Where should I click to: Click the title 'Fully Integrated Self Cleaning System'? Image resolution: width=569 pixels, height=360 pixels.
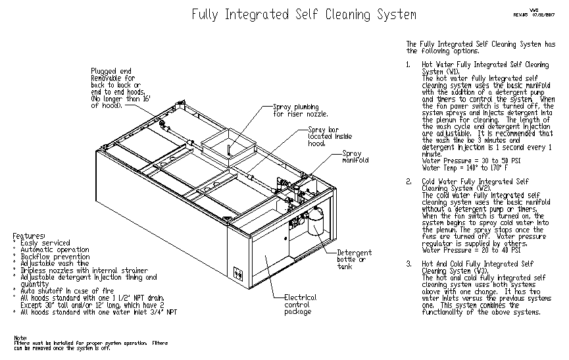click(303, 14)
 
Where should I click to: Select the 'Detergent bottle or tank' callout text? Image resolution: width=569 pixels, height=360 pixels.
click(354, 259)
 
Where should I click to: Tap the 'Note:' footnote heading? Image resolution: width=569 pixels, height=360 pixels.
click(21, 338)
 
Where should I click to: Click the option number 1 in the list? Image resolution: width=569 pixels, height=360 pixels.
click(409, 65)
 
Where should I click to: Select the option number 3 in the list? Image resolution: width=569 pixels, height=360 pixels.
click(409, 264)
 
